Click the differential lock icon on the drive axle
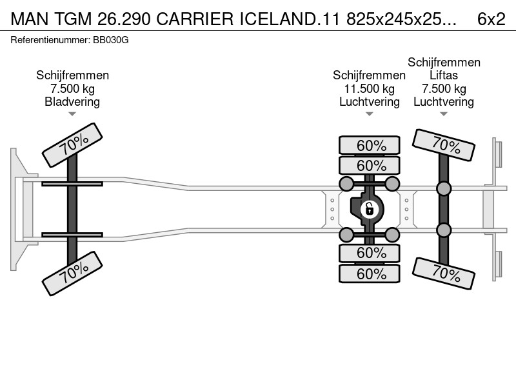369,209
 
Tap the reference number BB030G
110,40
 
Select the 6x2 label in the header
491,19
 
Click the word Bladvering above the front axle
72,102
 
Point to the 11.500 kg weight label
369,89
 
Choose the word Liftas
444,75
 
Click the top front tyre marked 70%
72,145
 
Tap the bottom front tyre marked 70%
72,273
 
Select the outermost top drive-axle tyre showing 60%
370,145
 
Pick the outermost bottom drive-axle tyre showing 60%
370,273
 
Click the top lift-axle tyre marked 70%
444,145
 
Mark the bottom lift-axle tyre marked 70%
444,273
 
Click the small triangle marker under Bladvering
72,114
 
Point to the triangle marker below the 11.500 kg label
369,114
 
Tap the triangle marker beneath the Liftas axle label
444,114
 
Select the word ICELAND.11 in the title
289,19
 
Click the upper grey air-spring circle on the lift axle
444,188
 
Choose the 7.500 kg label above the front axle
72,89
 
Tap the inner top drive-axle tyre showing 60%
370,165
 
